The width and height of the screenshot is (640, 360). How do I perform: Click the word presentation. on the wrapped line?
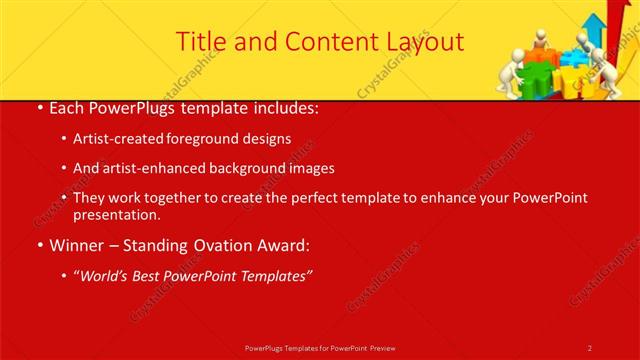[x=116, y=215]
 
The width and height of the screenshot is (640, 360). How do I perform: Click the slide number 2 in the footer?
[x=590, y=347]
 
